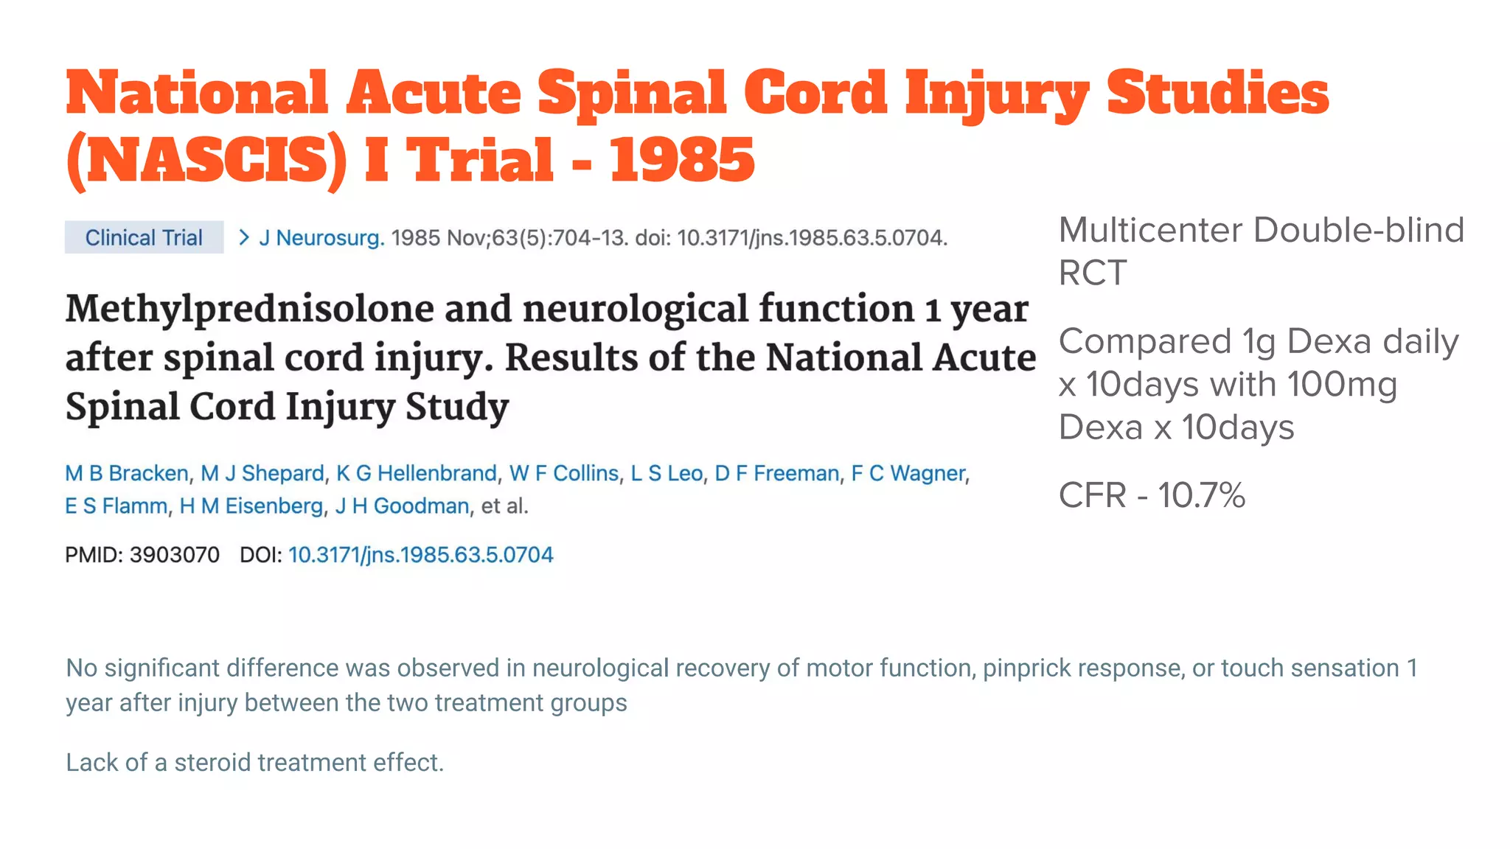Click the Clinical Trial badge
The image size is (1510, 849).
[144, 237]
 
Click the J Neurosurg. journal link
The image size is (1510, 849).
[321, 238]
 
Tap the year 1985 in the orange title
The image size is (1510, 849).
[682, 160]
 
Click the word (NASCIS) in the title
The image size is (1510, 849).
[206, 160]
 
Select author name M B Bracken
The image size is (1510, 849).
[127, 473]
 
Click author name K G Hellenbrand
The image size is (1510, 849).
[417, 473]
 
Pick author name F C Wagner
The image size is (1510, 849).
[908, 473]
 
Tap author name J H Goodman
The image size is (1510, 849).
[402, 506]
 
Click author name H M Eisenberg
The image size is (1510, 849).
[251, 506]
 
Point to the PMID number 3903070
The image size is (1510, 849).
[175, 555]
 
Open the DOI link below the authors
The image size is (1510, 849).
[420, 555]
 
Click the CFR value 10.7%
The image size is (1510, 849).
[1201, 495]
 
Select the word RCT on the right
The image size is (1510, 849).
[1093, 273]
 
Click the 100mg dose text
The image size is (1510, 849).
[1341, 385]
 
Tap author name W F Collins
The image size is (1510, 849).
[564, 473]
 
